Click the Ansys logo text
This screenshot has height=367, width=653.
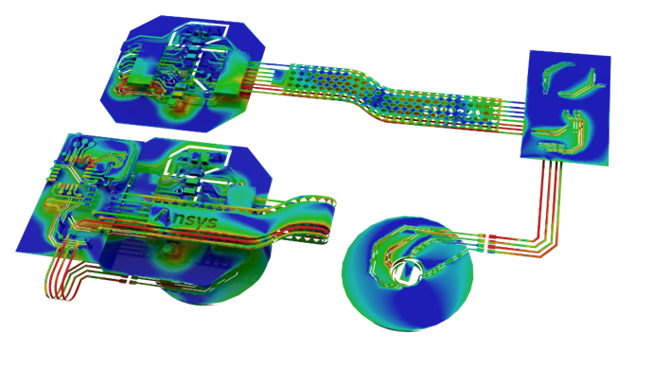tap(185, 218)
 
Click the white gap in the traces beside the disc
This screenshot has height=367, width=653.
tap(485, 243)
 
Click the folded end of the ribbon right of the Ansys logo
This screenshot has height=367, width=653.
tap(327, 219)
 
